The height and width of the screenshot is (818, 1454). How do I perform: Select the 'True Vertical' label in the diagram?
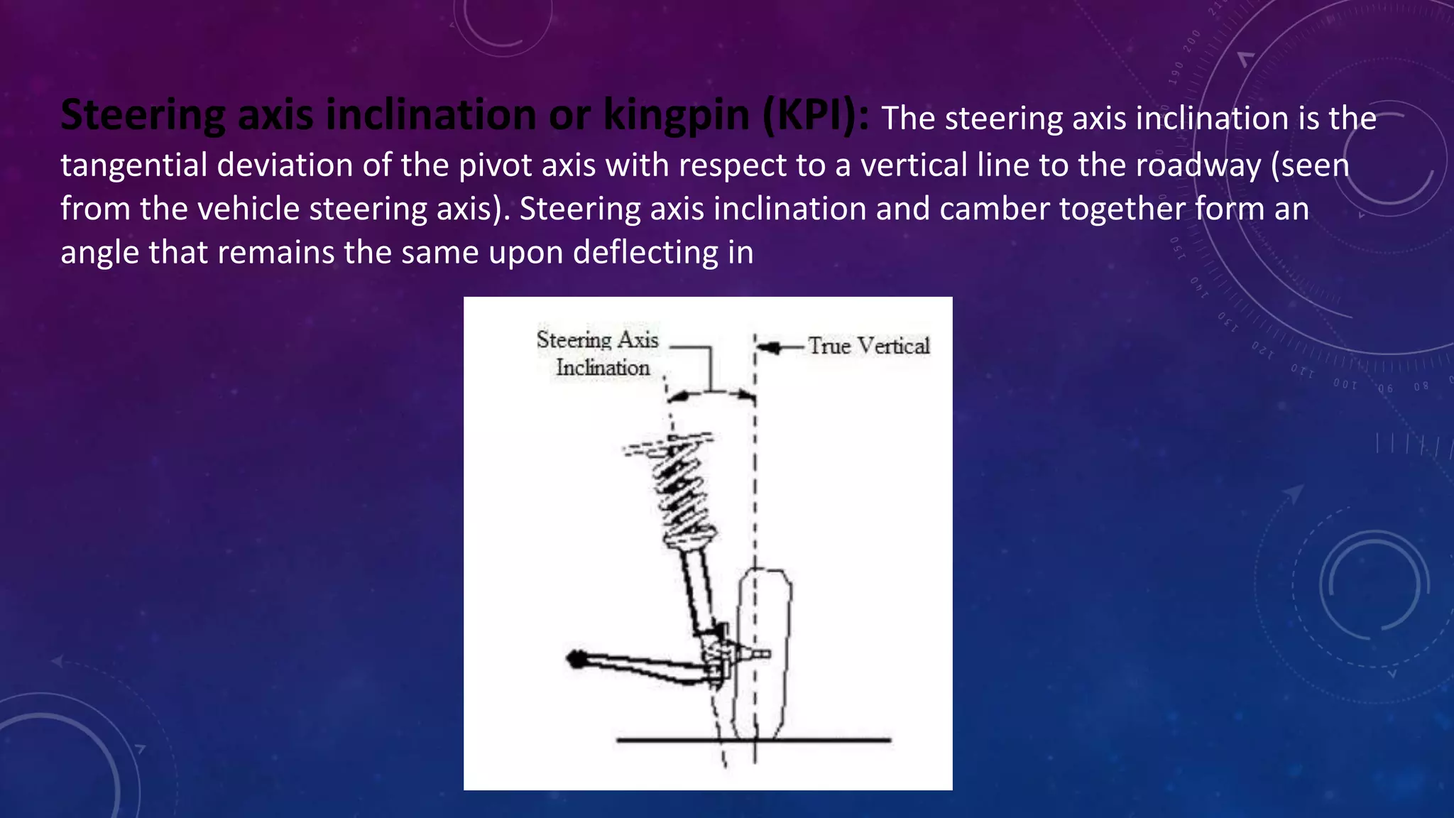tap(868, 346)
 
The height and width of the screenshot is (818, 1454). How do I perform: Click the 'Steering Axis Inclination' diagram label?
tap(598, 354)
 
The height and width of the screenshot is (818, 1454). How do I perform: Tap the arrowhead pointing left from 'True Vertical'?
tap(767, 347)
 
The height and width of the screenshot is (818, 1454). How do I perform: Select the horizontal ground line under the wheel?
tap(753, 740)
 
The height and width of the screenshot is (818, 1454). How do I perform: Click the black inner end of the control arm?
tap(576, 659)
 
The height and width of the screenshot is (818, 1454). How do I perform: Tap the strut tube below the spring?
tap(696, 589)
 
